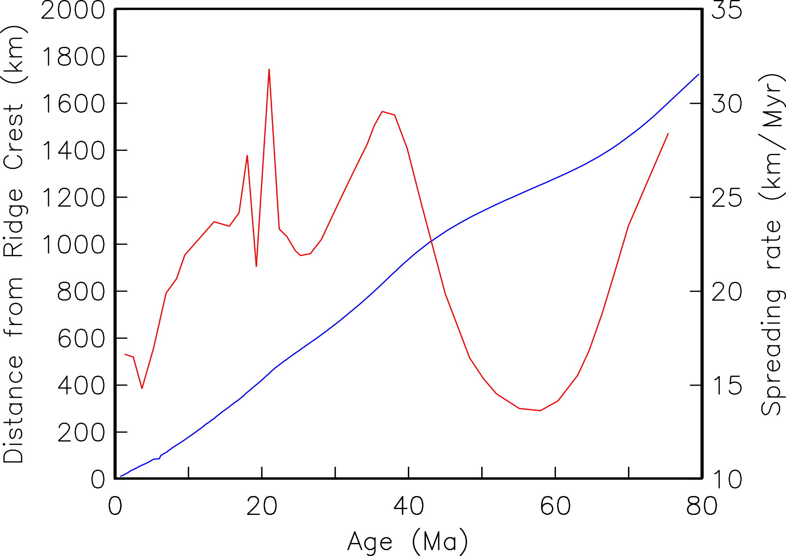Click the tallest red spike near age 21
coord(269,70)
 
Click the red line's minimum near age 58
coord(540,410)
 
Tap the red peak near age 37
coord(382,112)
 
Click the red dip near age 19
coord(256,266)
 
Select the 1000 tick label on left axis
coord(73,245)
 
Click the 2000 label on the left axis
coord(73,10)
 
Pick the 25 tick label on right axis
coord(727,198)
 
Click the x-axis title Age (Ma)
coord(407,542)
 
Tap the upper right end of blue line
coord(699,74)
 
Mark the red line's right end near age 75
coord(668,134)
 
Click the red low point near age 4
coord(142,388)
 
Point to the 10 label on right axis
coord(727,479)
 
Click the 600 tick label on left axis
coord(81,339)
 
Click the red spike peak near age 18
coord(247,155)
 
